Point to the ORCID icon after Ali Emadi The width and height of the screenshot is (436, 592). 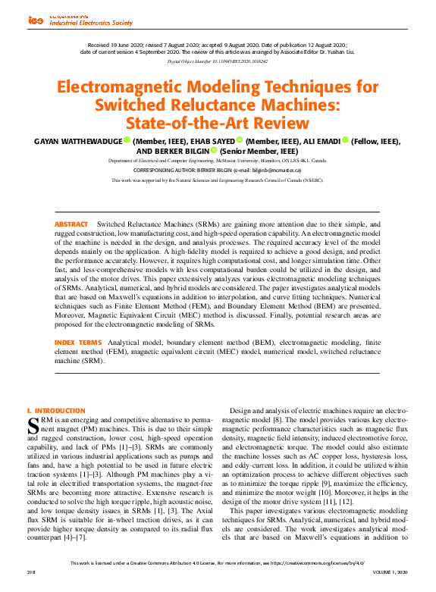click(345, 141)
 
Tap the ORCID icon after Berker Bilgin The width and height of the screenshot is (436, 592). click(202, 151)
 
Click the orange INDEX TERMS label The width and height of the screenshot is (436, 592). click(77, 343)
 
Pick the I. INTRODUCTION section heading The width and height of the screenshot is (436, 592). click(56, 411)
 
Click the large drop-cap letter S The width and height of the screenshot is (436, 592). click(33, 423)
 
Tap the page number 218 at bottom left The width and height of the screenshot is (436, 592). click(31, 571)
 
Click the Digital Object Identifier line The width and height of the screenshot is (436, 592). click(218, 60)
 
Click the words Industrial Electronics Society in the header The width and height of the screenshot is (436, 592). click(92, 23)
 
